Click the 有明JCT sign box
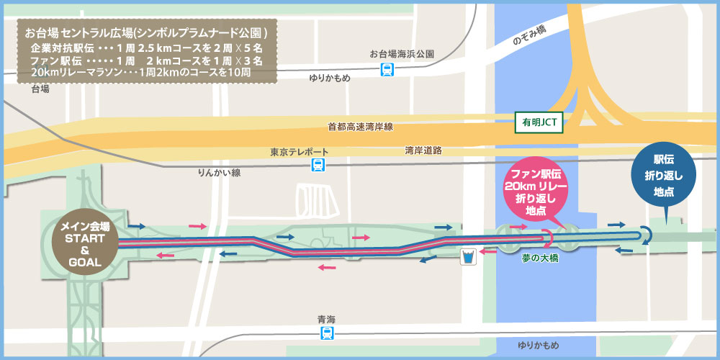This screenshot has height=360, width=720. (x=538, y=123)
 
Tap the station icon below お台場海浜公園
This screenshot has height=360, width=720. (x=388, y=69)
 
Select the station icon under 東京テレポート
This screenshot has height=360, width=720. (x=318, y=166)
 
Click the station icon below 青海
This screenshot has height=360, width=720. (x=328, y=333)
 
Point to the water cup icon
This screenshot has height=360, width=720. (x=469, y=256)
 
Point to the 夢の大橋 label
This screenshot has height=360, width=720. (x=537, y=257)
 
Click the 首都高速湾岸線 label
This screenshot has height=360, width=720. (x=360, y=127)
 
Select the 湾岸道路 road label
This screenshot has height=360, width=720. (x=423, y=150)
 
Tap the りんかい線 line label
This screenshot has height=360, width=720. (x=219, y=174)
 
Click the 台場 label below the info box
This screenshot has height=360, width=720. (x=40, y=89)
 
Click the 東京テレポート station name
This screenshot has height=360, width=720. (x=300, y=152)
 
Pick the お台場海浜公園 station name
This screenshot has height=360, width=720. (x=402, y=54)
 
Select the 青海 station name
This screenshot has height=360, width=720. (x=327, y=319)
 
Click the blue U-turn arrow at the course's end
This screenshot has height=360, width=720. (x=645, y=234)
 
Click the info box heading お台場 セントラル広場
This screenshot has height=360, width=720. (x=146, y=33)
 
